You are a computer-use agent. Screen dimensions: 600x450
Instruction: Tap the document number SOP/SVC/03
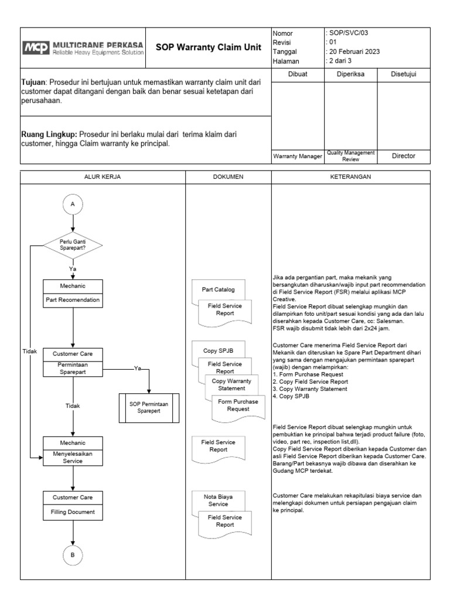347,33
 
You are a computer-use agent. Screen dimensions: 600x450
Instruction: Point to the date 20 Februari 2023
353,52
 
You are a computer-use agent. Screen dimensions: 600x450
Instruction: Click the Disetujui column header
404,74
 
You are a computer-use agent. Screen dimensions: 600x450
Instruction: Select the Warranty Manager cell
298,156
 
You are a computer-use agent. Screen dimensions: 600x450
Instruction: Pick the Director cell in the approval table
404,156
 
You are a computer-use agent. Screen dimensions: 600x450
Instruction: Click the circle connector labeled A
73,204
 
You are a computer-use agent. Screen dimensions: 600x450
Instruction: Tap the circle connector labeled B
73,555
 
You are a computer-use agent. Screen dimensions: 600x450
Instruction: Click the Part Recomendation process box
73,301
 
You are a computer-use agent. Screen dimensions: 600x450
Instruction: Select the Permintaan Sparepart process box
73,369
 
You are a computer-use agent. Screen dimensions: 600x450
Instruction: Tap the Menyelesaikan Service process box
73,457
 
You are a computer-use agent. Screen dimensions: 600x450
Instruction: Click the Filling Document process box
73,512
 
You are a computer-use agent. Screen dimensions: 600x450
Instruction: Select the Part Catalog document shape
218,289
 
